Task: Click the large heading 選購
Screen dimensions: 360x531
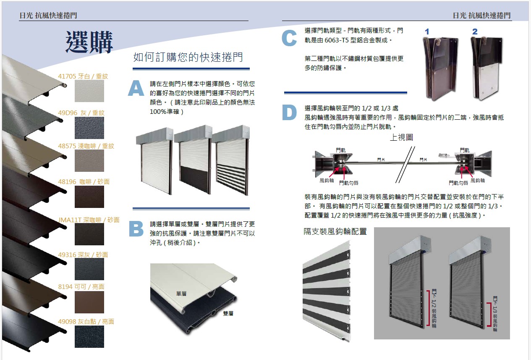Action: coord(89,42)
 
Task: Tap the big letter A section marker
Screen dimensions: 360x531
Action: coord(136,89)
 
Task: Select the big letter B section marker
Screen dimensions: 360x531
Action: coord(136,229)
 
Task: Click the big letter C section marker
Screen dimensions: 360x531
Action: coord(289,38)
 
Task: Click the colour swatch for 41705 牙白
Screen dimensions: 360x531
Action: coord(89,91)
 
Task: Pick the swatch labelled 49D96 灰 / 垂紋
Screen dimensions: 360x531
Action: coord(89,128)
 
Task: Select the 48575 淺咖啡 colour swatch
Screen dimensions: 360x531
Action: coord(89,160)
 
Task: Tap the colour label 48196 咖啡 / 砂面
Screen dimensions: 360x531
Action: coord(83,182)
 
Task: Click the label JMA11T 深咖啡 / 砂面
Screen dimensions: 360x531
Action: coord(89,220)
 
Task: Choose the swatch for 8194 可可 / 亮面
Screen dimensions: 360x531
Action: coord(89,302)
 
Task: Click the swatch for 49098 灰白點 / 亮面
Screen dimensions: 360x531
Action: coord(89,336)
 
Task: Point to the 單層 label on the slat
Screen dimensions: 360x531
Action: coord(181,293)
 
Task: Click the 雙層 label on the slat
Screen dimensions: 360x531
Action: coord(228,313)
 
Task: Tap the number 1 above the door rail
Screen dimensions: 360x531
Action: coord(427,32)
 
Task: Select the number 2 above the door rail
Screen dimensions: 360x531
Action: coord(475,32)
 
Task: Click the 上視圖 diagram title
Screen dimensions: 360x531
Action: coord(401,137)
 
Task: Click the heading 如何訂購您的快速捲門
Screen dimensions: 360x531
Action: coord(188,58)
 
